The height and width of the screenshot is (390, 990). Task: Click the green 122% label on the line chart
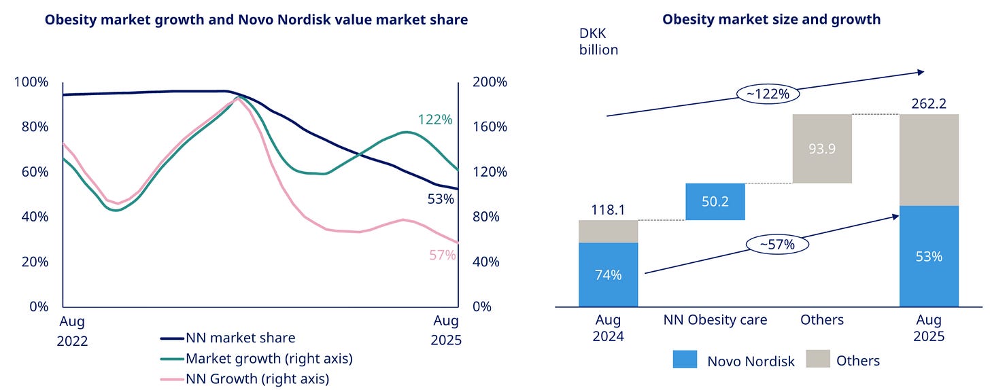click(x=435, y=120)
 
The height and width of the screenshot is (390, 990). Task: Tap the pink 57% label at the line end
click(x=442, y=256)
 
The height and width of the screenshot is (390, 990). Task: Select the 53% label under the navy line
click(x=441, y=199)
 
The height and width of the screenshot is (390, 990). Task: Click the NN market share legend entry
click(x=240, y=337)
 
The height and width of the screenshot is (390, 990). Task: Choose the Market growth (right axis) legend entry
click(x=269, y=358)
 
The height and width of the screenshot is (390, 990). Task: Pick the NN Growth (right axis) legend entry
click(x=257, y=378)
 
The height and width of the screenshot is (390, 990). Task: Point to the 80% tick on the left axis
click(x=31, y=126)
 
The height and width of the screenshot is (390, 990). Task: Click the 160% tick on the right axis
click(x=490, y=126)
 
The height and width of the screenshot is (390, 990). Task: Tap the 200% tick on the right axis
click(x=490, y=82)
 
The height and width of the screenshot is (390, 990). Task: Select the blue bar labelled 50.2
click(x=715, y=202)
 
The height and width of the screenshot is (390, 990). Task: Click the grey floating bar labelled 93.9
click(x=822, y=149)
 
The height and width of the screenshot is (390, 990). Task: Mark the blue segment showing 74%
click(x=608, y=274)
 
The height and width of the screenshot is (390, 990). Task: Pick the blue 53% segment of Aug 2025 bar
click(x=929, y=256)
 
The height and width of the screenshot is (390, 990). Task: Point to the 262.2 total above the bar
click(x=929, y=104)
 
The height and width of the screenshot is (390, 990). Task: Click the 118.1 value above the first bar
click(x=608, y=211)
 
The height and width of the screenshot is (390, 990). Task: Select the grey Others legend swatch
click(x=818, y=360)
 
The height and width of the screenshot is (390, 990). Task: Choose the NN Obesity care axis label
click(x=715, y=320)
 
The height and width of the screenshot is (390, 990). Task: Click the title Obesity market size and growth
click(x=771, y=20)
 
